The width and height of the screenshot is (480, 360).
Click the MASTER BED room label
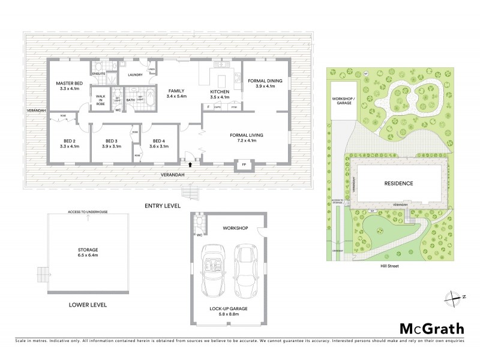pyautogui.click(x=69, y=83)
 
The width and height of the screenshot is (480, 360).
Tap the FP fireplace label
pyautogui.click(x=244, y=164)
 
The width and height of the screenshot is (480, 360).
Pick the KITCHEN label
pyautogui.click(x=221, y=90)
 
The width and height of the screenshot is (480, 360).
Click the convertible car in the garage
pyautogui.click(x=214, y=269)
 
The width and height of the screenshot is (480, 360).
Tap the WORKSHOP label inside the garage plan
pyautogui.click(x=235, y=228)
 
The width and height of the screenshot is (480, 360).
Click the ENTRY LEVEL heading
pyautogui.click(x=163, y=206)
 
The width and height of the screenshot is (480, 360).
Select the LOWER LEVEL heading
pyautogui.click(x=88, y=305)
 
